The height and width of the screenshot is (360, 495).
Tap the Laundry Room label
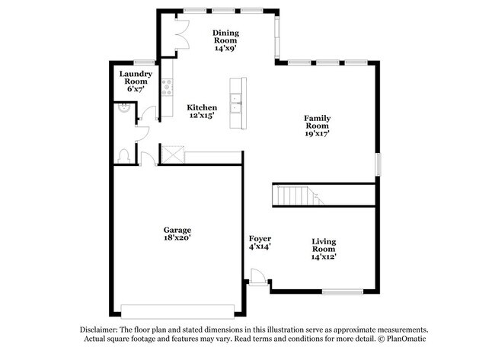[x=136, y=81]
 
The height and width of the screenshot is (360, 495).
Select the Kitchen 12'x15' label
[x=202, y=112]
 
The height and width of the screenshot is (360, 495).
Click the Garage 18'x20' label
[x=176, y=234]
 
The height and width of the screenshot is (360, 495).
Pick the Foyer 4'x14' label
[x=260, y=242]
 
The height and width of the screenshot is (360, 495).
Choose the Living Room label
[x=324, y=248]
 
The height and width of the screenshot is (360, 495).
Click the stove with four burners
[x=166, y=86]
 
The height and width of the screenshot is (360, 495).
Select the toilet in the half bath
[x=124, y=155]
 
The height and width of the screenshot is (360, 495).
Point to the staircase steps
[x=297, y=196]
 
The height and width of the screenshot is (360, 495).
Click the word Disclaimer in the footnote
[x=103, y=330]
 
